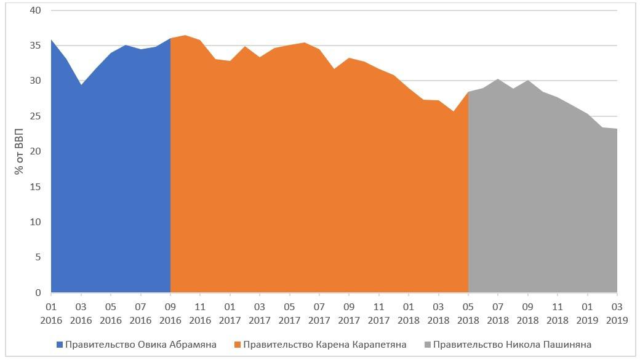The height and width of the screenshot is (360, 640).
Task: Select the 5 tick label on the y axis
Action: (38, 257)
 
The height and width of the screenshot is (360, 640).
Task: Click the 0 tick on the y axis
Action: (38, 293)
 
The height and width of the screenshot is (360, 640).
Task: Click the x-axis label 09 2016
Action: (170, 313)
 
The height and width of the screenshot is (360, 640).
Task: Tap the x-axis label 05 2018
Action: (468, 313)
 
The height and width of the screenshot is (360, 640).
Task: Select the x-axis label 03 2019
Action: (617, 313)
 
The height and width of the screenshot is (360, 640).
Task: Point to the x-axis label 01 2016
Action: (51, 313)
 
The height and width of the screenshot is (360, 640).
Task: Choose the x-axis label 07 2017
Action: (319, 313)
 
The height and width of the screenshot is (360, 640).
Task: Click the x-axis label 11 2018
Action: (558, 313)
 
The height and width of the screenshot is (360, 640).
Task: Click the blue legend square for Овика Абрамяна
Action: (59, 345)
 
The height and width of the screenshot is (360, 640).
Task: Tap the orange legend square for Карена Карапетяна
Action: (238, 345)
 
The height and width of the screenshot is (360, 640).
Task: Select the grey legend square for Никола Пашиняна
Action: (428, 345)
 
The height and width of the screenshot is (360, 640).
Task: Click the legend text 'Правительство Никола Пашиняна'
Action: (512, 345)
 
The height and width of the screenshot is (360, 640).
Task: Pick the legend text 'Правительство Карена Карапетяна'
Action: (325, 345)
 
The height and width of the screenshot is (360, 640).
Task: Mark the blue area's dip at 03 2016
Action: (81, 85)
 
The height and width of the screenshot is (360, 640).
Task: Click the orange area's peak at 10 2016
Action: (185, 36)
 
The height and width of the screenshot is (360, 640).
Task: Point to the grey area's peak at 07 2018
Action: (498, 79)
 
